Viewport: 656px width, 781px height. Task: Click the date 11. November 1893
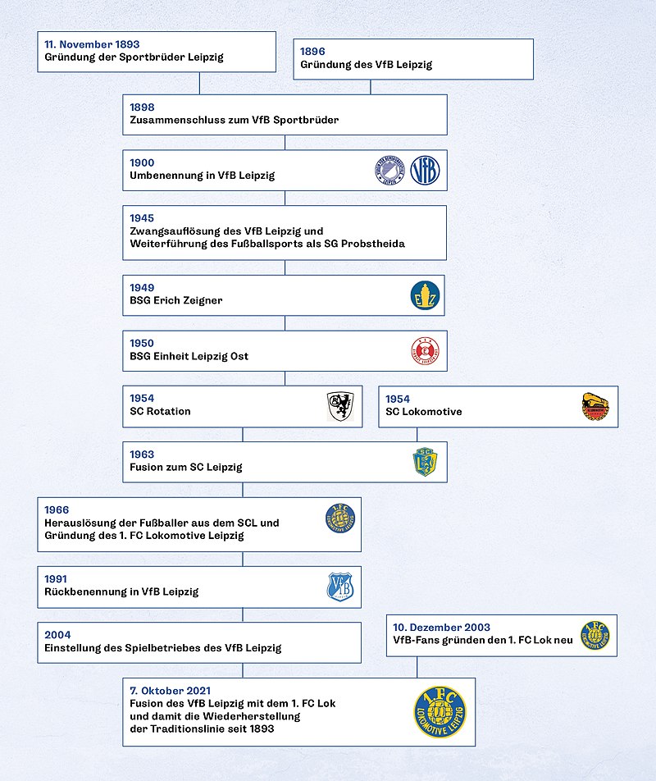point(92,44)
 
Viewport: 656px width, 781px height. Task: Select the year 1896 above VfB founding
point(312,52)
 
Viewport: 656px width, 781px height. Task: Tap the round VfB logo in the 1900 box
point(425,170)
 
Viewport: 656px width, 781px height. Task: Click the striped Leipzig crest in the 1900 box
point(389,170)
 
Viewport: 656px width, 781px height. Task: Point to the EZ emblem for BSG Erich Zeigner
point(425,295)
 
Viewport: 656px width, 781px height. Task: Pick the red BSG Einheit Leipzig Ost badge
point(425,350)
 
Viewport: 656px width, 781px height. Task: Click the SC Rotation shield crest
point(340,406)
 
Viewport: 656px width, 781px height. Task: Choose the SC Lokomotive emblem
point(595,406)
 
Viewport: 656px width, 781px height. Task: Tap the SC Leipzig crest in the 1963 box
point(425,462)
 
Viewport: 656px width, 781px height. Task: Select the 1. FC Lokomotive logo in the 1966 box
point(340,518)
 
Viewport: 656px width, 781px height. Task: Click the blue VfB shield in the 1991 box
point(340,587)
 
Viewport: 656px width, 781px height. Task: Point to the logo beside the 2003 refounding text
point(595,635)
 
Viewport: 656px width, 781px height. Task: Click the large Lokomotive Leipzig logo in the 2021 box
point(440,712)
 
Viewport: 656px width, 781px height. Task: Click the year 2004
point(57,635)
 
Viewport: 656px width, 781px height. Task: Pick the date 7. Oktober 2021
point(171,691)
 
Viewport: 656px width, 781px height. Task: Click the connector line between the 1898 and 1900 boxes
point(285,143)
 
